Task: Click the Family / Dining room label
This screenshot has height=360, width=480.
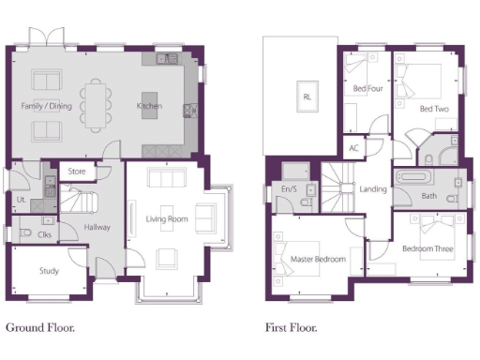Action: pyautogui.click(x=47, y=106)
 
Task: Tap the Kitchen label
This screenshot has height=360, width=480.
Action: pyautogui.click(x=150, y=106)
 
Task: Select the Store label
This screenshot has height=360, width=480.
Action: pyautogui.click(x=77, y=172)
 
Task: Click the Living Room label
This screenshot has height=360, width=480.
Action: pyautogui.click(x=167, y=219)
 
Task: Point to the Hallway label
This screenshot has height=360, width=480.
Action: pyautogui.click(x=97, y=227)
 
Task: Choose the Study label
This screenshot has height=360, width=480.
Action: pyautogui.click(x=49, y=271)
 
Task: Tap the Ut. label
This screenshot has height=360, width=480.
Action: pyautogui.click(x=21, y=199)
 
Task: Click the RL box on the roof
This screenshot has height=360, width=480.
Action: pyautogui.click(x=307, y=97)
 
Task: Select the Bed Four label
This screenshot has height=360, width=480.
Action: pyautogui.click(x=367, y=89)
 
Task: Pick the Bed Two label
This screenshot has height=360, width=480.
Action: pyautogui.click(x=432, y=110)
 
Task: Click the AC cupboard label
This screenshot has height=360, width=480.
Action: pyautogui.click(x=353, y=148)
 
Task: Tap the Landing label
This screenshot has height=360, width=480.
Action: pyautogui.click(x=373, y=188)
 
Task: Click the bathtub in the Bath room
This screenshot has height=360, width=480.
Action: pyautogui.click(x=412, y=176)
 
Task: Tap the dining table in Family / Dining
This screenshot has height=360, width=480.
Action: pyautogui.click(x=96, y=105)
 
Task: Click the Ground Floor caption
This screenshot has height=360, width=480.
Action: pyautogui.click(x=40, y=328)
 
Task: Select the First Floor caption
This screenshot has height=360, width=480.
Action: pyautogui.click(x=290, y=328)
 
